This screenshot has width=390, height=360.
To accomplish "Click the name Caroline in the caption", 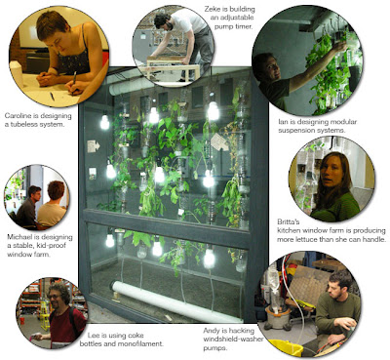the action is (17, 116).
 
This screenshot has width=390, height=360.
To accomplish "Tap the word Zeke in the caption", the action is (212, 10).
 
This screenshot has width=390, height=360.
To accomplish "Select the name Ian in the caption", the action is (283, 122).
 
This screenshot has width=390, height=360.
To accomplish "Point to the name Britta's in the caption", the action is (286, 222).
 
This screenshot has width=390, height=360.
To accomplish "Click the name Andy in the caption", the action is (212, 331).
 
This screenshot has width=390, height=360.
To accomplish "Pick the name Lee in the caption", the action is (93, 336).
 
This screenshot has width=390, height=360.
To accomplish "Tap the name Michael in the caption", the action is (19, 237).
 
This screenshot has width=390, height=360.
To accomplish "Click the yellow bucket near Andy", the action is (286, 347).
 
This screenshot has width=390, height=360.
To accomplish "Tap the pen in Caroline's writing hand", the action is (74, 78).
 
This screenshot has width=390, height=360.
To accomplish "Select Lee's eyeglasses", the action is (55, 297).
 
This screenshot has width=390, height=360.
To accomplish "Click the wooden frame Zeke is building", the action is (173, 67).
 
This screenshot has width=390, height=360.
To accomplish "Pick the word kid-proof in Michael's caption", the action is (47, 246).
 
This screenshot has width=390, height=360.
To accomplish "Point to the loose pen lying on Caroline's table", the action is (52, 97).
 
